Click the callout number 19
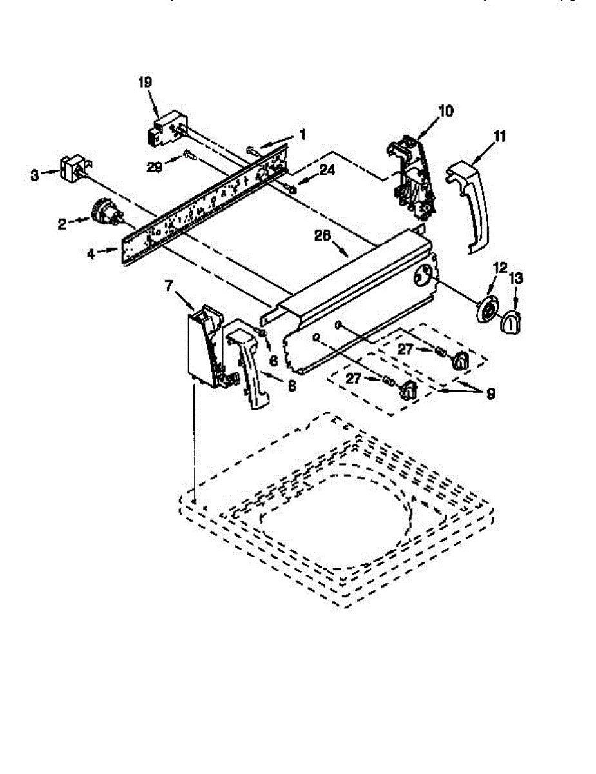(x=144, y=82)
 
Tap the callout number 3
(x=34, y=174)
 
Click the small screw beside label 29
(x=187, y=154)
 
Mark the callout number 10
(x=445, y=111)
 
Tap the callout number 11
(x=500, y=136)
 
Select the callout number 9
(x=491, y=392)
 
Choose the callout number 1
(x=302, y=135)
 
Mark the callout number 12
(x=500, y=266)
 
